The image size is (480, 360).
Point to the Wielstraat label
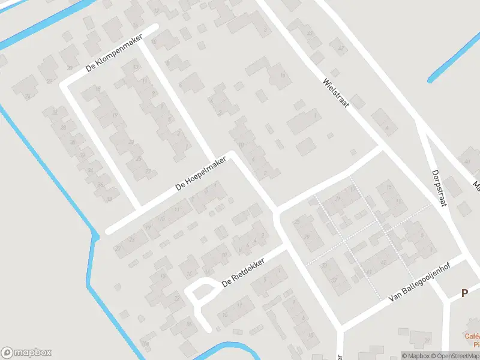click(335, 92)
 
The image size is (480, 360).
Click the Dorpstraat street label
click(439, 188)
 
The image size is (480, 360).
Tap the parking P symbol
click(464, 293)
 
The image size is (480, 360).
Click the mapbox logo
click(26, 353)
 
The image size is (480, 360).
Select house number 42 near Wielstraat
click(310, 32)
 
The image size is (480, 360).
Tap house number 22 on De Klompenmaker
click(49, 81)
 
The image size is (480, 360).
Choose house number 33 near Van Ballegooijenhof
click(325, 264)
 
